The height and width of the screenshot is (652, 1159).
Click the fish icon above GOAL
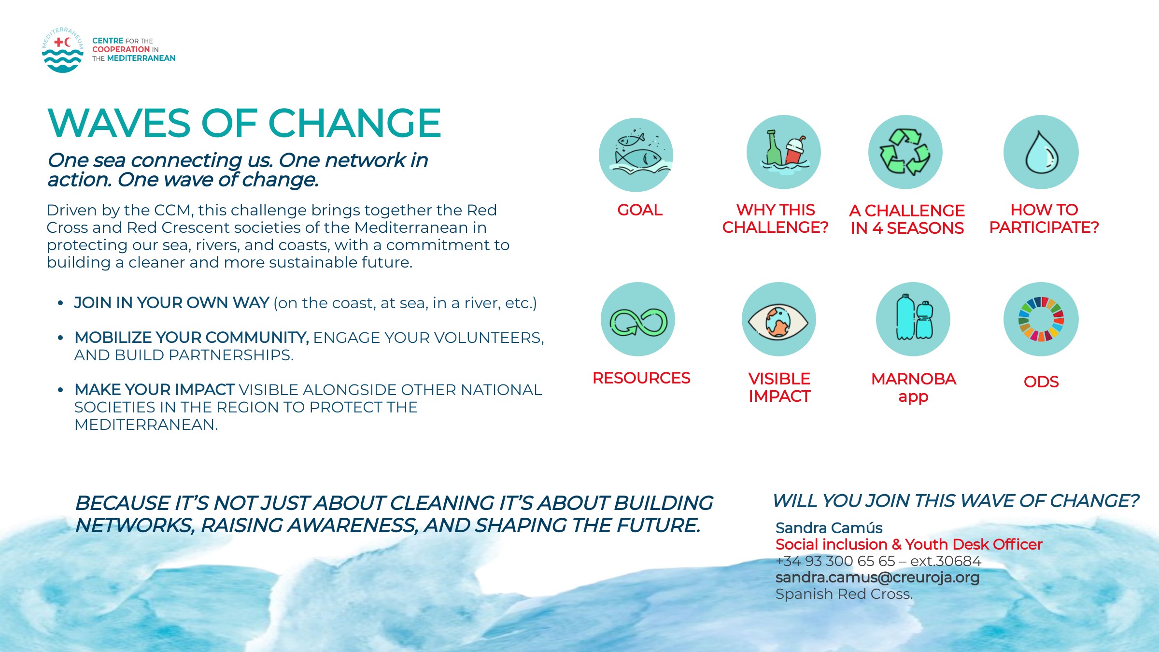(636, 155)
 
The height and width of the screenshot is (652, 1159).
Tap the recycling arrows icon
(905, 152)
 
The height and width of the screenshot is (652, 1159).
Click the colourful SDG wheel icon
(1041, 319)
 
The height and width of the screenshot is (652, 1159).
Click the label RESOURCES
(641, 378)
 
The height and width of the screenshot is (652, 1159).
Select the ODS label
(1041, 382)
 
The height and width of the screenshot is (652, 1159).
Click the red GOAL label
(640, 210)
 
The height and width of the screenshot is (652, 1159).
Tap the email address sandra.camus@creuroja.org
(877, 577)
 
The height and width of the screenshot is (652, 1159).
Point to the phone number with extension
(878, 561)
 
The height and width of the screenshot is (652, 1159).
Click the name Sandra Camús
(829, 527)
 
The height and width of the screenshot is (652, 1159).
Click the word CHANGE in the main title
(354, 123)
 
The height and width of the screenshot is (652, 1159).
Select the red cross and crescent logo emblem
(63, 50)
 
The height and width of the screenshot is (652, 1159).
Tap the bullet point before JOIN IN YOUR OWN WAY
(60, 303)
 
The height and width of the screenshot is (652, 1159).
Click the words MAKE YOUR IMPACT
(155, 389)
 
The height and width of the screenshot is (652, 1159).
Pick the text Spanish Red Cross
(844, 594)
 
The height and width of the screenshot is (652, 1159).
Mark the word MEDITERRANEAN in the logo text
(141, 58)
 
